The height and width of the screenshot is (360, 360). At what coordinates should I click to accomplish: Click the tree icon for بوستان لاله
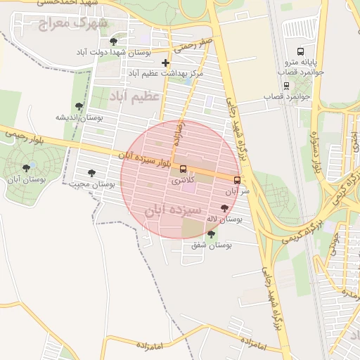(224, 207)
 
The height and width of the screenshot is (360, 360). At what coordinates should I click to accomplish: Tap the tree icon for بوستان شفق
(212, 233)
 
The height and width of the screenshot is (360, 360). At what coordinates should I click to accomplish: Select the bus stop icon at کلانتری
(184, 169)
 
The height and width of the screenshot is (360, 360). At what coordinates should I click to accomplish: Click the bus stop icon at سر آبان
(237, 179)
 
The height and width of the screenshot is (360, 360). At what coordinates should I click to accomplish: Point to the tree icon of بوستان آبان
(27, 168)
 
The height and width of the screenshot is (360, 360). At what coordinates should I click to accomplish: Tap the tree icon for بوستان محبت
(91, 172)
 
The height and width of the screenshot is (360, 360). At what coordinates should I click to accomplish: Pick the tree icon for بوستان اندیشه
(79, 106)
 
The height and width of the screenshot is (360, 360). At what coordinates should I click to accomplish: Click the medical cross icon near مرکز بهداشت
(165, 63)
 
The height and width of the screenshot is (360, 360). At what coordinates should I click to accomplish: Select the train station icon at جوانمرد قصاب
(286, 86)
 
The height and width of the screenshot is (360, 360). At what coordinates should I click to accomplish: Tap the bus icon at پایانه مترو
(301, 51)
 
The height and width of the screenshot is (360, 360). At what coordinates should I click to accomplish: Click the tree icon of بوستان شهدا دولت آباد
(114, 42)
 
